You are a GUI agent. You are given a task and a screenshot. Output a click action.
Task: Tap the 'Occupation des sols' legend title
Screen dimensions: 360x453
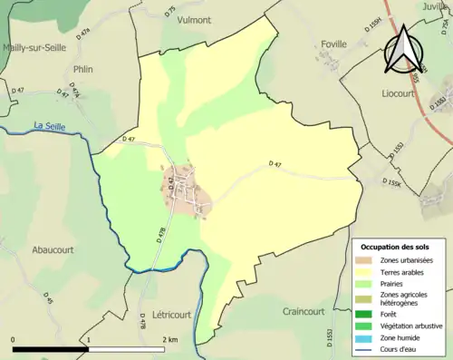click(395, 247)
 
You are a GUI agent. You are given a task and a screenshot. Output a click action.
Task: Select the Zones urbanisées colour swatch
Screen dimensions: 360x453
click(364, 261)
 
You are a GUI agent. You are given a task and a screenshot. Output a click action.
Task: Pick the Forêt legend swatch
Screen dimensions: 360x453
click(364, 314)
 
